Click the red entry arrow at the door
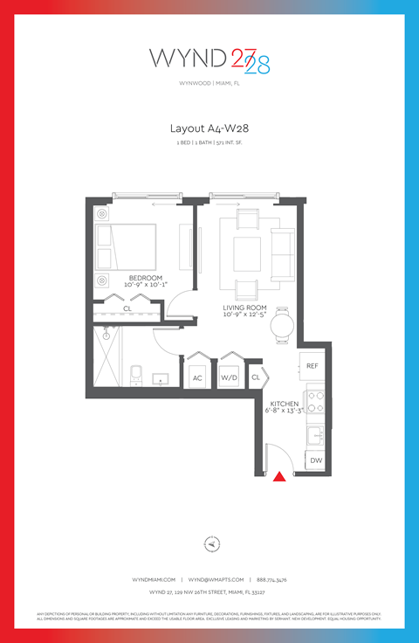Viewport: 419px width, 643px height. (x=279, y=476)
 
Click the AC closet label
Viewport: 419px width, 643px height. (x=196, y=377)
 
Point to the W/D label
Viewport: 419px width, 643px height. (x=230, y=377)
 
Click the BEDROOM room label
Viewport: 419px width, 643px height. (x=146, y=278)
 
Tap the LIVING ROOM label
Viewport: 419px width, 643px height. (x=244, y=308)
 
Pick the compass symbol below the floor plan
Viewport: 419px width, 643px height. (x=209, y=543)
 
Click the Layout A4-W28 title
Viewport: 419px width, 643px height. (x=209, y=128)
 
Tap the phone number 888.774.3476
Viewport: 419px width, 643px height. (x=271, y=579)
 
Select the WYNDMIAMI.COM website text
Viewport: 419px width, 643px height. (x=155, y=579)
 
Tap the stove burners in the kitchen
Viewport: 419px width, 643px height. (x=315, y=401)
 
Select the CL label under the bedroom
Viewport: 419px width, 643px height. (x=127, y=308)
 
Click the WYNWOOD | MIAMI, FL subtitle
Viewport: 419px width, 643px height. (x=209, y=85)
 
